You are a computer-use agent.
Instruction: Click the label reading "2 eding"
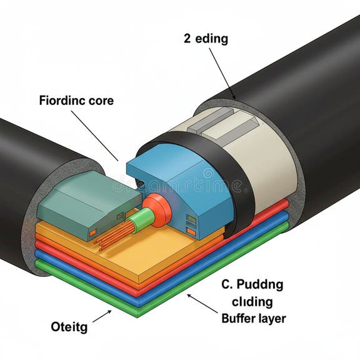pos(206,39)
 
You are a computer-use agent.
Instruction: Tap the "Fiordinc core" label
pos(76,100)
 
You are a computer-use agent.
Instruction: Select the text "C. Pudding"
pos(252,285)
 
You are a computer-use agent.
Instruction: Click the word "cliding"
pos(247,302)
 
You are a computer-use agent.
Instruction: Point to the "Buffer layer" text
pos(254,319)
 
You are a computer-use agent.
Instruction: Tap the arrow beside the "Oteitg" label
pos(102,316)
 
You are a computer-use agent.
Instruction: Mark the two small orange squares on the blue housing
pos(191,225)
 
